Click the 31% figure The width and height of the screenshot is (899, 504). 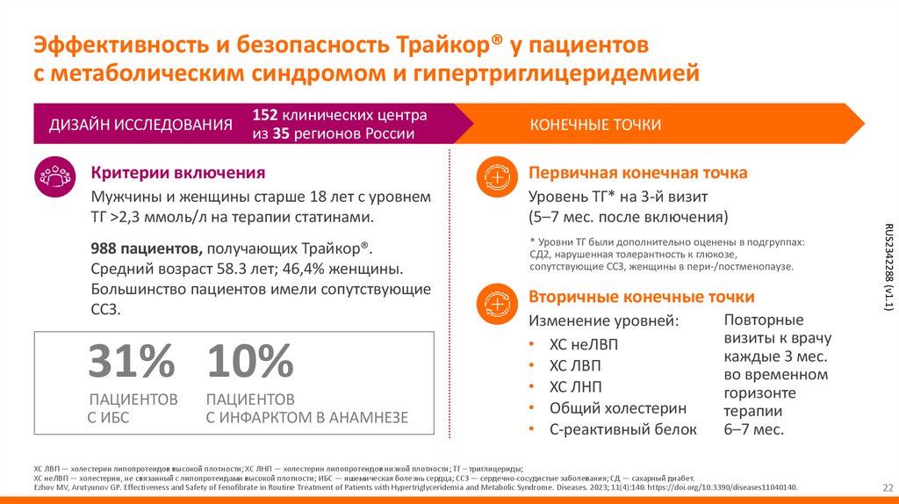pyautogui.click(x=132, y=362)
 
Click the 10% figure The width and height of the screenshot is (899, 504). pyautogui.click(x=250, y=362)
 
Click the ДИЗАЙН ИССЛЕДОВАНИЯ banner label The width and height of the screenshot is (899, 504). pyautogui.click(x=140, y=125)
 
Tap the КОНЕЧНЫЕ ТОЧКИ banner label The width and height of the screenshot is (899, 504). pyautogui.click(x=595, y=125)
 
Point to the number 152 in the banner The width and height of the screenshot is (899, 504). pyautogui.click(x=266, y=115)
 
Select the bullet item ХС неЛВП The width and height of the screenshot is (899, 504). pyautogui.click(x=583, y=344)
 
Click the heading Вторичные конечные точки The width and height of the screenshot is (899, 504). pyautogui.click(x=641, y=297)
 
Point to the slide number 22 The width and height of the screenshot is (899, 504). pyautogui.click(x=887, y=487)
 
